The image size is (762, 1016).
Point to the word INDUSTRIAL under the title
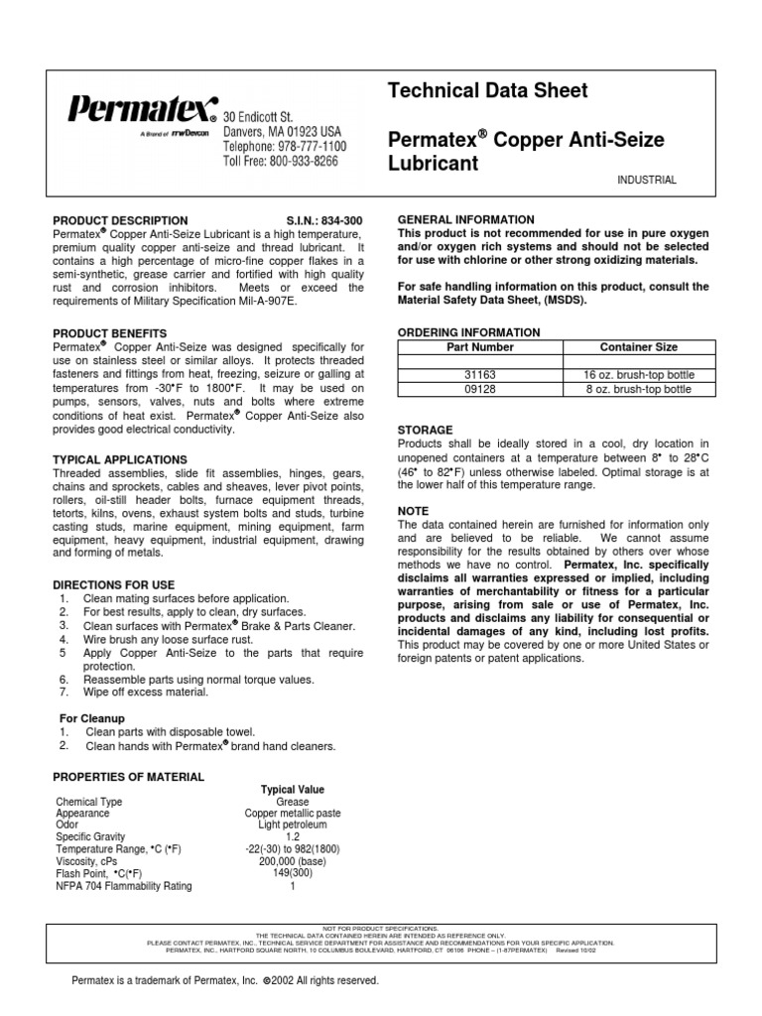(646, 181)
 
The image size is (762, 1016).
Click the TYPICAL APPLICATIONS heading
(119, 460)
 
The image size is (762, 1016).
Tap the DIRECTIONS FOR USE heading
(113, 586)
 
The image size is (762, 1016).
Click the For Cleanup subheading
(92, 717)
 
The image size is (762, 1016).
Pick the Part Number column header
(479, 347)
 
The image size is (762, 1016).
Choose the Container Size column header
(639, 347)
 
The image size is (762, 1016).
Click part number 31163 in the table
(479, 375)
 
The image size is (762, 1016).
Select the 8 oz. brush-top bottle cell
(639, 390)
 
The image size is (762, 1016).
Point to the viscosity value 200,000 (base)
(293, 862)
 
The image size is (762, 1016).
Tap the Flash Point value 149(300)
(293, 874)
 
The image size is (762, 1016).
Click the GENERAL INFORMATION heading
(465, 219)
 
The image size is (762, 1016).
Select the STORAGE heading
(425, 431)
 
